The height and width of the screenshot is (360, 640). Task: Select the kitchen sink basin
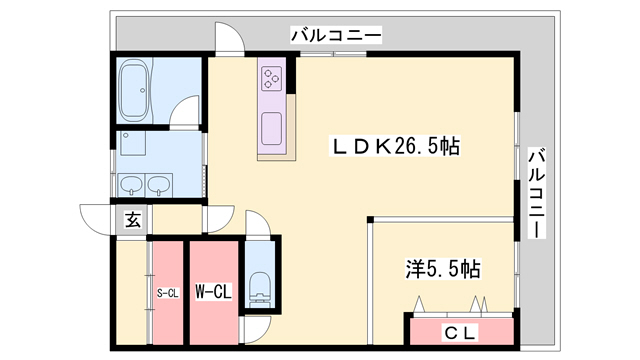click(x=273, y=128)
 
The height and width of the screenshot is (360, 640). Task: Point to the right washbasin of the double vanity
click(x=158, y=185)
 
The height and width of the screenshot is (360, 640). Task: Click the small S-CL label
click(x=167, y=293)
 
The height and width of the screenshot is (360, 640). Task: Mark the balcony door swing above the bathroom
click(x=228, y=40)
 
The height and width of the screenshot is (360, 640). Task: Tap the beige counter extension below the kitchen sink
click(x=277, y=154)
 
